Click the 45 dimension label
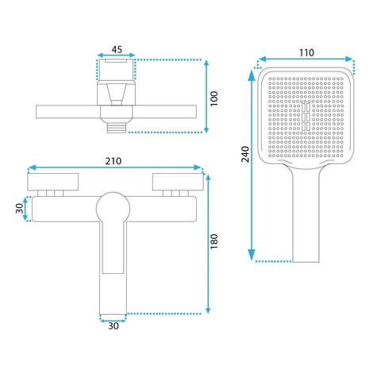(x=117, y=49)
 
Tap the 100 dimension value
(x=213, y=98)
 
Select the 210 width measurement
(x=113, y=161)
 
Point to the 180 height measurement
(x=213, y=241)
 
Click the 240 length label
(x=245, y=154)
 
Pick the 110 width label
(x=306, y=52)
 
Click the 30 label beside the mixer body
(x=20, y=209)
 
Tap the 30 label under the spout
(x=113, y=326)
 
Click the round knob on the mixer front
(x=113, y=209)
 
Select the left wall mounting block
(x=53, y=182)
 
